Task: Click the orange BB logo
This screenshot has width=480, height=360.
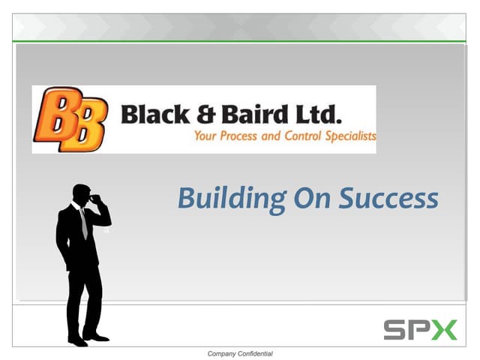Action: pyautogui.click(x=69, y=119)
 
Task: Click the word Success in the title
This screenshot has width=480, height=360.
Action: pyautogui.click(x=388, y=198)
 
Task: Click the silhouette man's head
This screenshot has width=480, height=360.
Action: pyautogui.click(x=81, y=193)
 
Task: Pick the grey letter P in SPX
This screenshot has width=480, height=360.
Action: pyautogui.click(x=419, y=329)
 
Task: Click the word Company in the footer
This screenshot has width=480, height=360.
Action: pyautogui.click(x=223, y=353)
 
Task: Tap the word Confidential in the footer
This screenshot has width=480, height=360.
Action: pyautogui.click(x=257, y=353)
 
